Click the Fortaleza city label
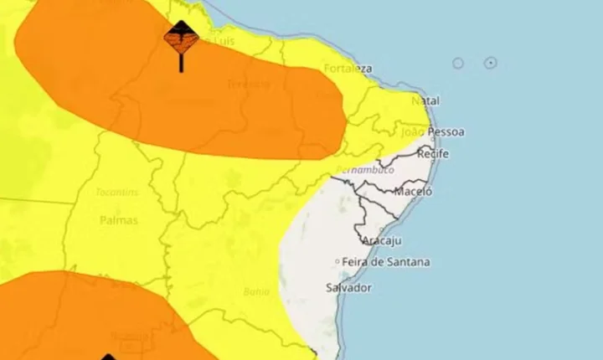pyautogui.click(x=349, y=69)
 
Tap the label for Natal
pyautogui.click(x=425, y=101)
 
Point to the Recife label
pyautogui.click(x=433, y=154)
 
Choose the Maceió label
pyautogui.click(x=413, y=191)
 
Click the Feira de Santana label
pyautogui.click(x=386, y=262)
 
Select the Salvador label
pyautogui.click(x=348, y=287)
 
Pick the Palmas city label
pyautogui.click(x=118, y=220)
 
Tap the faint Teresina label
pyautogui.click(x=248, y=84)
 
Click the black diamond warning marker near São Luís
pyautogui.click(x=181, y=38)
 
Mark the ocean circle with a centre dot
pyautogui.click(x=491, y=63)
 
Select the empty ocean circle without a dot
pyautogui.click(x=458, y=64)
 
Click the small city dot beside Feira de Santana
pyautogui.click(x=338, y=262)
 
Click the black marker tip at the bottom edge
pyautogui.click(x=109, y=356)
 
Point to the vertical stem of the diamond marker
pyautogui.click(x=181, y=63)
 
